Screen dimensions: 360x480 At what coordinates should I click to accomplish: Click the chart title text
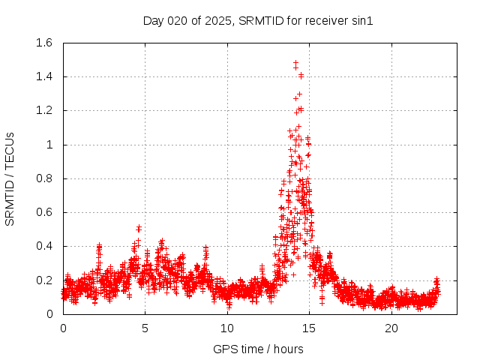tap(258, 20)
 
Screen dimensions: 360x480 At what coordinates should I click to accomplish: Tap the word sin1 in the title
tap(362, 20)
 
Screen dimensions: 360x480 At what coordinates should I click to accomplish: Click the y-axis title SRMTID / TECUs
tap(10, 178)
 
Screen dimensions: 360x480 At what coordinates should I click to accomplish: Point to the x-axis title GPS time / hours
tap(258, 349)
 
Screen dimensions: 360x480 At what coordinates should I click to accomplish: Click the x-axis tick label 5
tap(145, 328)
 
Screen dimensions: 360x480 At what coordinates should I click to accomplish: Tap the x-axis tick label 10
tap(227, 328)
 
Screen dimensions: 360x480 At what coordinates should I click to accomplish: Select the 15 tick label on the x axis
tap(309, 328)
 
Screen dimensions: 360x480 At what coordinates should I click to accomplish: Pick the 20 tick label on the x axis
tap(391, 328)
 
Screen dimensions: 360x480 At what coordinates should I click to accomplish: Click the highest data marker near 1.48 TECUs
tap(295, 63)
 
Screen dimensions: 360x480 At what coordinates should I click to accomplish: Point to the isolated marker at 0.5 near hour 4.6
tap(139, 228)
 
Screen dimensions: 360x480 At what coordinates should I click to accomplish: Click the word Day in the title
tap(154, 20)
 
